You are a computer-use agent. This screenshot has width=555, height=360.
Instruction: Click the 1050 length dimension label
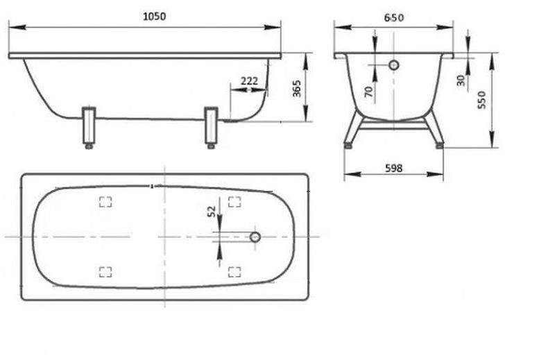154,16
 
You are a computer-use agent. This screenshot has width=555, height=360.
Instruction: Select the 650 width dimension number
394,17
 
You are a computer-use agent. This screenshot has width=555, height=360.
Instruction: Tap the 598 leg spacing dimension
393,168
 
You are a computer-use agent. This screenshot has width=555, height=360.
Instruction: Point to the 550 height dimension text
481,100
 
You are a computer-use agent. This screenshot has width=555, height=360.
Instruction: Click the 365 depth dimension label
297,89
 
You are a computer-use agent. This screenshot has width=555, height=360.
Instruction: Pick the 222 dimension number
249,81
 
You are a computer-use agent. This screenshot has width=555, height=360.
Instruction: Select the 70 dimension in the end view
368,92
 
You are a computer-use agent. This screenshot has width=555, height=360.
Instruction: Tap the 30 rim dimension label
461,80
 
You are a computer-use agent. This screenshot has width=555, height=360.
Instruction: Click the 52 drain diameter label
212,212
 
